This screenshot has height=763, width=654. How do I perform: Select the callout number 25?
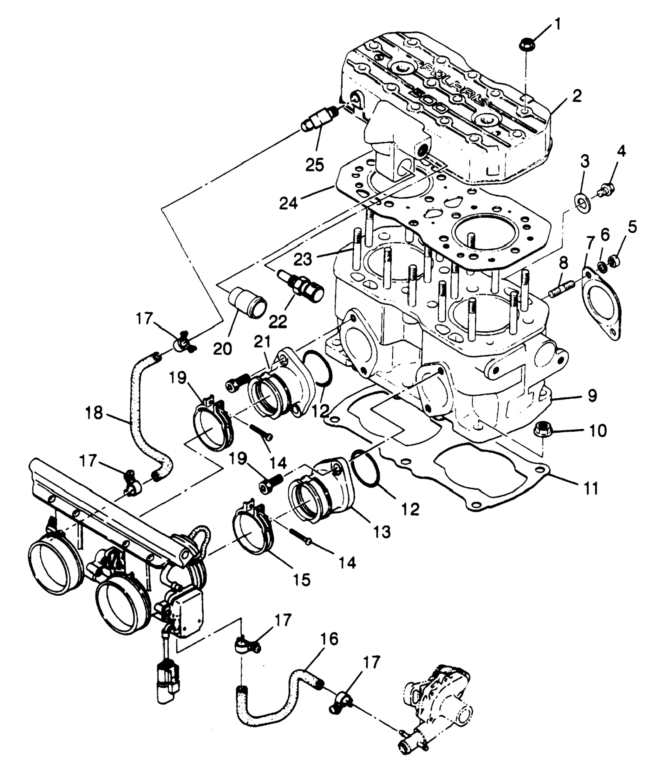[x=315, y=165]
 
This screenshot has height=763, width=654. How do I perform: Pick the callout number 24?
[x=288, y=203]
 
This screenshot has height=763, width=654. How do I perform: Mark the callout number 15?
[x=302, y=580]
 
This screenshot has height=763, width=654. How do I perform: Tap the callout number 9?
[x=592, y=397]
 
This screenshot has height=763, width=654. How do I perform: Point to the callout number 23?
[x=303, y=259]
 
